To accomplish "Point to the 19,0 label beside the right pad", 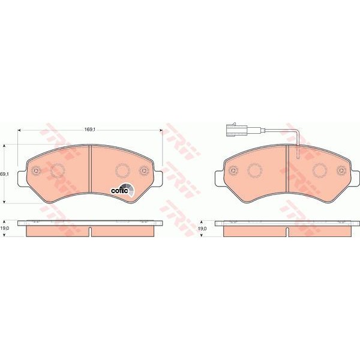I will point(202,229).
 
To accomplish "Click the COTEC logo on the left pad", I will point(124,189).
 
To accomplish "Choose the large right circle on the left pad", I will point(122,171).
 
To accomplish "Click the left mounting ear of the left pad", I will point(23,177).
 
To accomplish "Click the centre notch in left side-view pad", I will point(90,231).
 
